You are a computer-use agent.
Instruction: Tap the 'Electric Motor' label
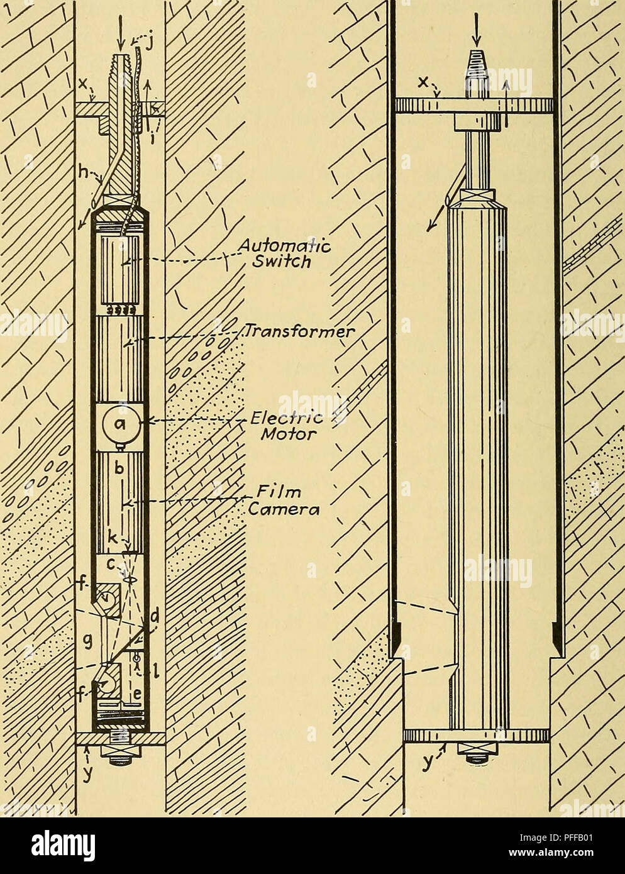(x=287, y=426)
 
